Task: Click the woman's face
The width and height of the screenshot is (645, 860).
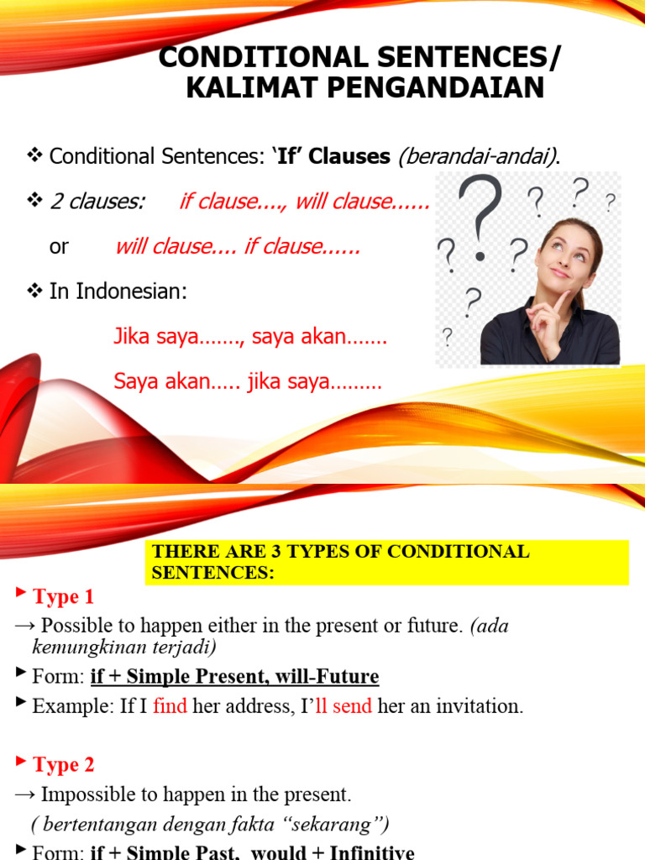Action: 567,253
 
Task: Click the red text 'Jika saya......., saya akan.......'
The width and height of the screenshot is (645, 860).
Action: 250,338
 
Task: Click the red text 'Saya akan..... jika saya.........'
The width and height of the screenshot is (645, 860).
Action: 248,382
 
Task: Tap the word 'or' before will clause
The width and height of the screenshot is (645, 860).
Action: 59,247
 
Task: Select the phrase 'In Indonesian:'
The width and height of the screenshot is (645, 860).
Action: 118,292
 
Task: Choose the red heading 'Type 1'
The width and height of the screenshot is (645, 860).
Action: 63,597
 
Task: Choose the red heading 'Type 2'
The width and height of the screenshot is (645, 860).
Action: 63,765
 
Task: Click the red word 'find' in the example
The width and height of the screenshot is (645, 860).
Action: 170,706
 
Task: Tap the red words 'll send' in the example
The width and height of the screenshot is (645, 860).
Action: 343,706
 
